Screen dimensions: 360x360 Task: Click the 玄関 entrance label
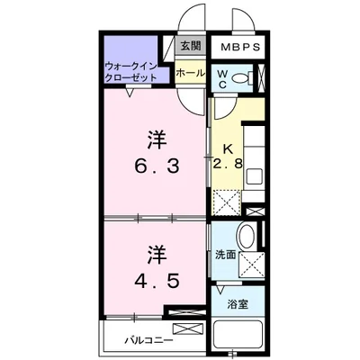(x=189, y=47)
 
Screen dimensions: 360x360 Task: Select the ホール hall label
(x=189, y=72)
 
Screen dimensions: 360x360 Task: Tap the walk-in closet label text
(x=131, y=73)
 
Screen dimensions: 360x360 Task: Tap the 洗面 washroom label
(x=225, y=256)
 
